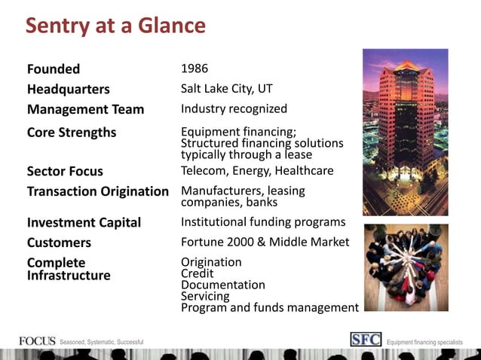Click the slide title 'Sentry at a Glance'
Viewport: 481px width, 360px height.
[x=115, y=26]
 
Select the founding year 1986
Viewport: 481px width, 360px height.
[x=195, y=69]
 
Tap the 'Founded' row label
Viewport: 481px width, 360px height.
[x=54, y=69]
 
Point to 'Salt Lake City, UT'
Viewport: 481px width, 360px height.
[x=227, y=89]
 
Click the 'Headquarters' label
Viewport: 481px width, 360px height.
[x=68, y=90]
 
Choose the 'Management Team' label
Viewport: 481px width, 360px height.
[x=85, y=109]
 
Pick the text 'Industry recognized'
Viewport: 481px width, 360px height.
[x=234, y=109]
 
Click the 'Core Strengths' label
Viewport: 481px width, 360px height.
[x=72, y=133]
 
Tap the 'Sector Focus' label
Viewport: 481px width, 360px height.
[x=65, y=171]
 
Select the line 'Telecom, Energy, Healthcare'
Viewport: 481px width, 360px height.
[x=257, y=171]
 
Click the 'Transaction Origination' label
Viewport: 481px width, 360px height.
[x=98, y=191]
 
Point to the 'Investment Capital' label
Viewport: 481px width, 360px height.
[x=84, y=223]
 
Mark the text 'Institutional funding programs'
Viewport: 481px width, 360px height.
[x=263, y=222]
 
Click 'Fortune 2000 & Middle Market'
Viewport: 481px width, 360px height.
[x=265, y=243]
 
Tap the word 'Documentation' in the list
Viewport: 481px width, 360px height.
[x=223, y=285]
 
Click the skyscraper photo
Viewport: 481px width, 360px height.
[x=405, y=133]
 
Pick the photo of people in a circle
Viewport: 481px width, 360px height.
[x=405, y=267]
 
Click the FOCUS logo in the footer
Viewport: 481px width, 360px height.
[x=37, y=341]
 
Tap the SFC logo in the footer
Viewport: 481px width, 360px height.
[x=366, y=340]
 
